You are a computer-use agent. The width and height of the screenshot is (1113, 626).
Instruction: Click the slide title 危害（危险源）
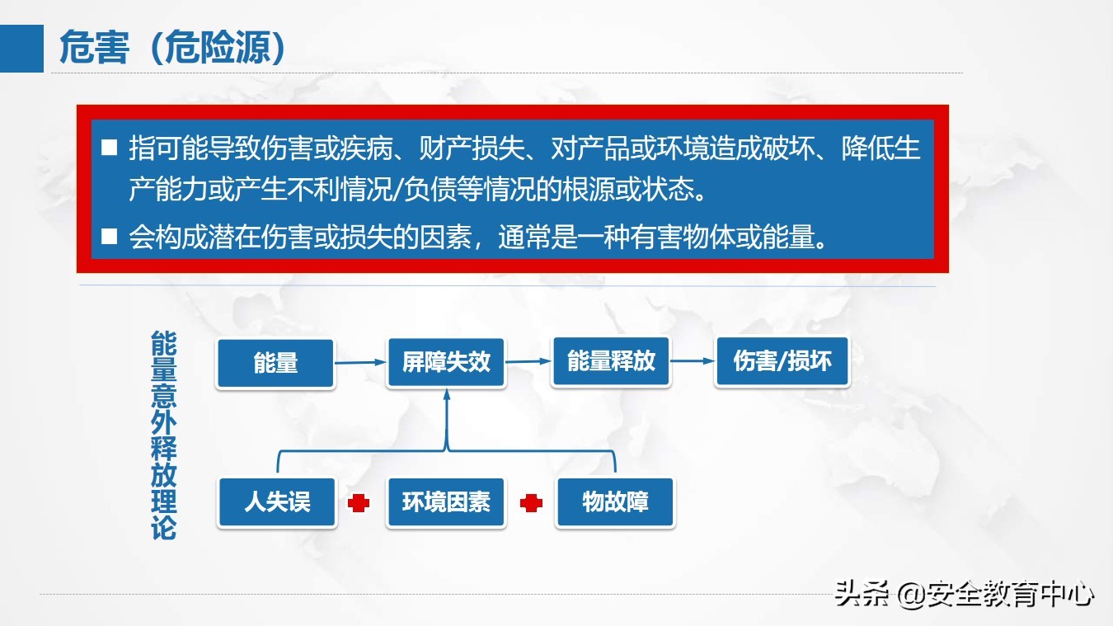[x=173, y=49]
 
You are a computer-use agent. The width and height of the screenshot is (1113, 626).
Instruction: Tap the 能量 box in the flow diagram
[x=275, y=363]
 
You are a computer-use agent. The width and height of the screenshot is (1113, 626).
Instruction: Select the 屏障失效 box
[x=446, y=362]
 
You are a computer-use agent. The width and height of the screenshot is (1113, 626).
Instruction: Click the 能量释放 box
[x=611, y=361]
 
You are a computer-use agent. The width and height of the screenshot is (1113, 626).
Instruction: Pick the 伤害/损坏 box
[x=782, y=361]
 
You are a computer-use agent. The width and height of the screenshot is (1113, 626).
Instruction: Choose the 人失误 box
[x=277, y=501]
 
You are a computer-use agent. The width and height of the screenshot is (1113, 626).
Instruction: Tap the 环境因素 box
[x=446, y=501]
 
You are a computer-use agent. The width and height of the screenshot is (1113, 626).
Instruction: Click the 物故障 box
[x=615, y=501]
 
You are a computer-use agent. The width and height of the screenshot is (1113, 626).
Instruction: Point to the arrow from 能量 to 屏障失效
[x=360, y=361]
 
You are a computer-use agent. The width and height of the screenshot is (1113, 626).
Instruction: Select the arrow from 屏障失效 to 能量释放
[x=528, y=360]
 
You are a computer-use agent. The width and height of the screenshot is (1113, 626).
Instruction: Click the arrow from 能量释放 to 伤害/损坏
[x=693, y=360]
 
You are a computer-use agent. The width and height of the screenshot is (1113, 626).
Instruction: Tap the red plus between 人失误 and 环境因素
[x=359, y=502]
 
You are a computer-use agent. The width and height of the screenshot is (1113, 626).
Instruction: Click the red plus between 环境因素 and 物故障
[x=532, y=502]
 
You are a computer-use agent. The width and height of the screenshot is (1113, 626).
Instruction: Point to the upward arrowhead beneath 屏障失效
[x=447, y=395]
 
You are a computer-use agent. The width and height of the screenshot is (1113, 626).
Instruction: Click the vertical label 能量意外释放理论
[x=164, y=435]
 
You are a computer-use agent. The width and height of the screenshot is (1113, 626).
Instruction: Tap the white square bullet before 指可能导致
[x=110, y=149]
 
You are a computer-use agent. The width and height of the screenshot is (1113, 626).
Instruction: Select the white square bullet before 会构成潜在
[x=110, y=238]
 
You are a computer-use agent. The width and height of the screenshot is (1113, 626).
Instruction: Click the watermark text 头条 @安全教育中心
[x=965, y=594]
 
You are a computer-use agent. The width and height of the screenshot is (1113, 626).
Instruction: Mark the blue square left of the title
[x=21, y=49]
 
